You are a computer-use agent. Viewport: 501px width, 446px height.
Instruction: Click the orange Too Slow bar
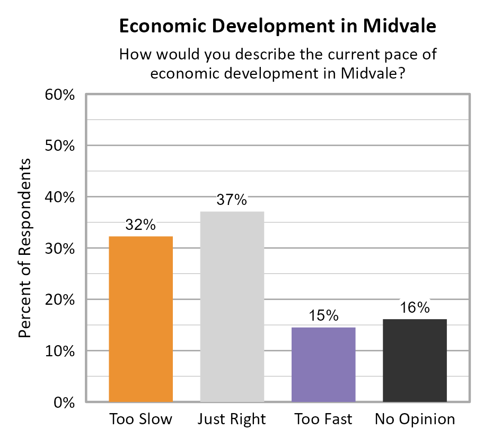[140, 319]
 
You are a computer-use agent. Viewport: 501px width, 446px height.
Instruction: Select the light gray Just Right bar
[232, 306]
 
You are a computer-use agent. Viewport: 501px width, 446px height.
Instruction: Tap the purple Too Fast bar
[323, 364]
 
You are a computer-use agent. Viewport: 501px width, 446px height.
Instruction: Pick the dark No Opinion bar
[415, 360]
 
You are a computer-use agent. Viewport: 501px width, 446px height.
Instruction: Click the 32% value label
[140, 225]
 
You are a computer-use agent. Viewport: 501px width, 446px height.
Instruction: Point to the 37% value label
[232, 200]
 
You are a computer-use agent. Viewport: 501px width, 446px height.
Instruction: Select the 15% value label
[323, 316]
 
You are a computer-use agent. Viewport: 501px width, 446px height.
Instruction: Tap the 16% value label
[415, 307]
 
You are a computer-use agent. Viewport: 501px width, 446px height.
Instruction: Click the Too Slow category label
[140, 419]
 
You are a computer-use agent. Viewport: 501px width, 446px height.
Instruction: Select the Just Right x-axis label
[232, 419]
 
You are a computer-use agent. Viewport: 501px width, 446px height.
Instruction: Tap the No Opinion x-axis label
[415, 419]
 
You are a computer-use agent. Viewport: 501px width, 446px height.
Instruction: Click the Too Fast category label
[323, 419]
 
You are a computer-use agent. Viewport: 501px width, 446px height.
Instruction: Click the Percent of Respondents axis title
[25, 248]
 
